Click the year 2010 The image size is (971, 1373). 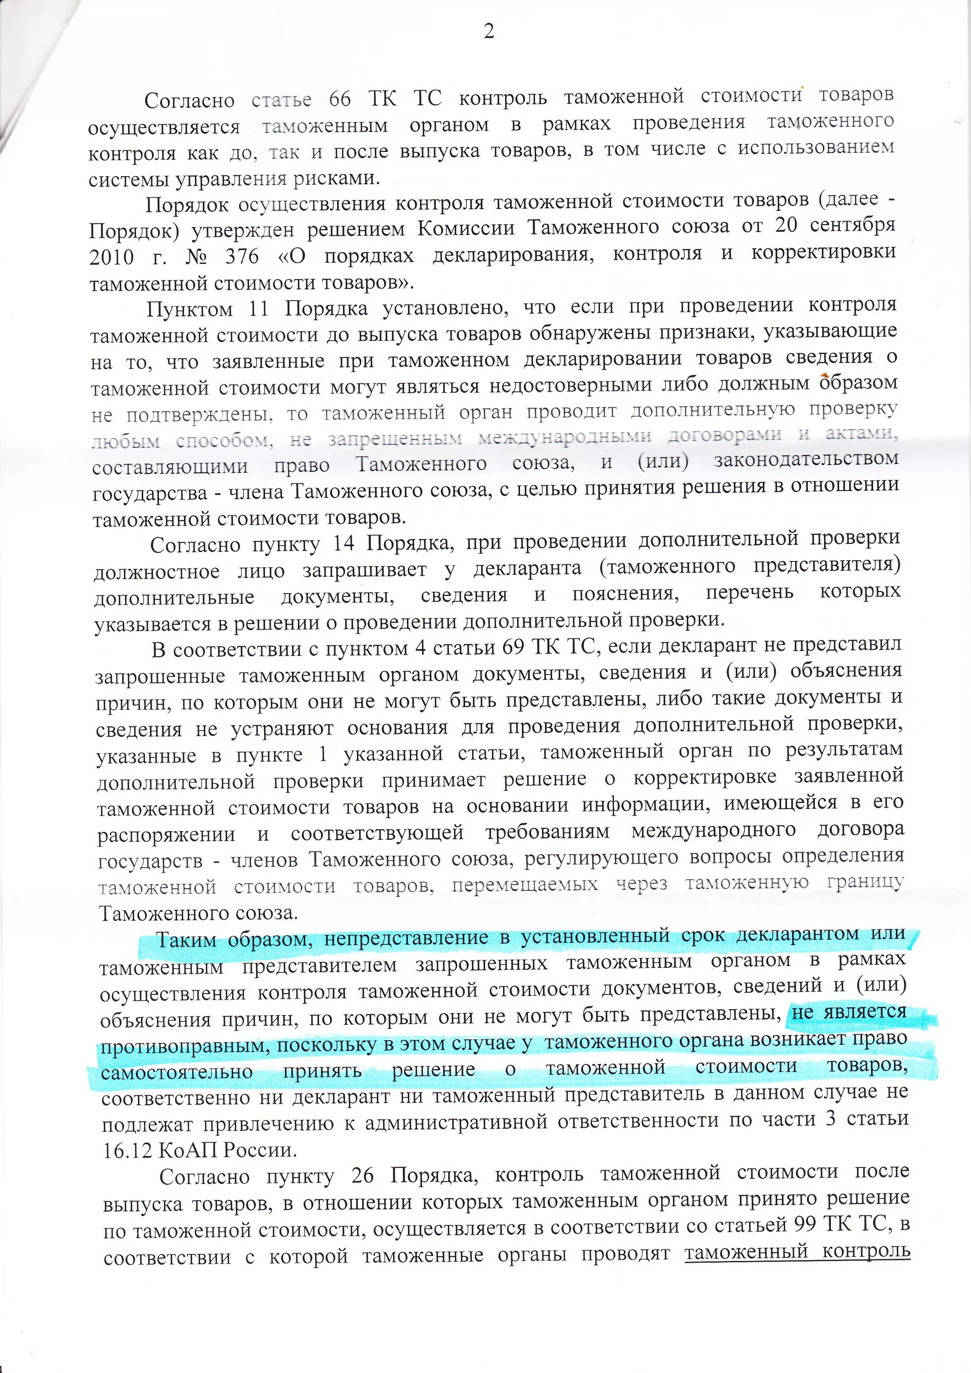click(111, 258)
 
